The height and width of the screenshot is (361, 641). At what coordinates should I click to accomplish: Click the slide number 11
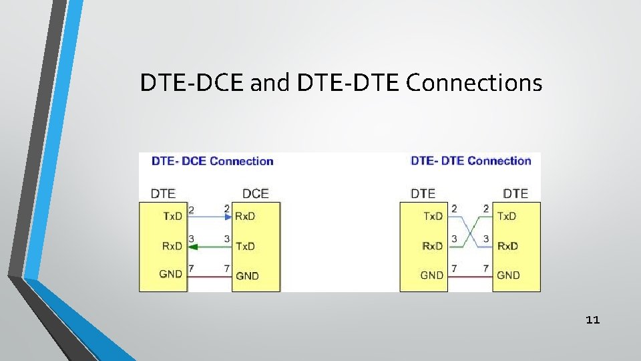tap(592, 320)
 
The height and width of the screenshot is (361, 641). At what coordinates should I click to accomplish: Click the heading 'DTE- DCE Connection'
tap(212, 161)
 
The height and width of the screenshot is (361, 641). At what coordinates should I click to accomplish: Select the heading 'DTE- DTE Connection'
tap(471, 161)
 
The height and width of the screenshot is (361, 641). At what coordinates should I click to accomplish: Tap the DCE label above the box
tap(255, 194)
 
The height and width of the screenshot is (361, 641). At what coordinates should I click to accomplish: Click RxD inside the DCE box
tap(245, 216)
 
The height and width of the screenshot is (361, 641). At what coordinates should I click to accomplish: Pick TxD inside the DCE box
tap(245, 246)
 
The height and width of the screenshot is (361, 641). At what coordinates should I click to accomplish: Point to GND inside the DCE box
tap(247, 275)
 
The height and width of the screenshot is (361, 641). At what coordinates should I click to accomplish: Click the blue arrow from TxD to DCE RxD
tap(210, 217)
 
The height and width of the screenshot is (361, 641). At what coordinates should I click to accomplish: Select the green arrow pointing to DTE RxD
tap(210, 246)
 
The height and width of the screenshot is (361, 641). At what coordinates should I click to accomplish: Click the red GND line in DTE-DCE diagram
tap(210, 275)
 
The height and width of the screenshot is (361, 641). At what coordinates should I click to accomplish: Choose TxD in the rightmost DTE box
tap(507, 216)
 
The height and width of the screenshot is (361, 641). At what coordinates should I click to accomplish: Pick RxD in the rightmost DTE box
tap(507, 246)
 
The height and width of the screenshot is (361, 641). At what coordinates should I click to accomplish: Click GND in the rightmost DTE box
tap(508, 275)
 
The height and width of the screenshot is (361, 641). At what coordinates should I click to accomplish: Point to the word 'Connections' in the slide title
tap(474, 84)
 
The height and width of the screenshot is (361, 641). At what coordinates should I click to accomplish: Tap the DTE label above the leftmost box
tap(163, 194)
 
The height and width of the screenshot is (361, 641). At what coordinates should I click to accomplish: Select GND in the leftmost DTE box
tap(171, 274)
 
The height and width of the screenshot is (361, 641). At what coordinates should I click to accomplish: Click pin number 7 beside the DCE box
tap(227, 268)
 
